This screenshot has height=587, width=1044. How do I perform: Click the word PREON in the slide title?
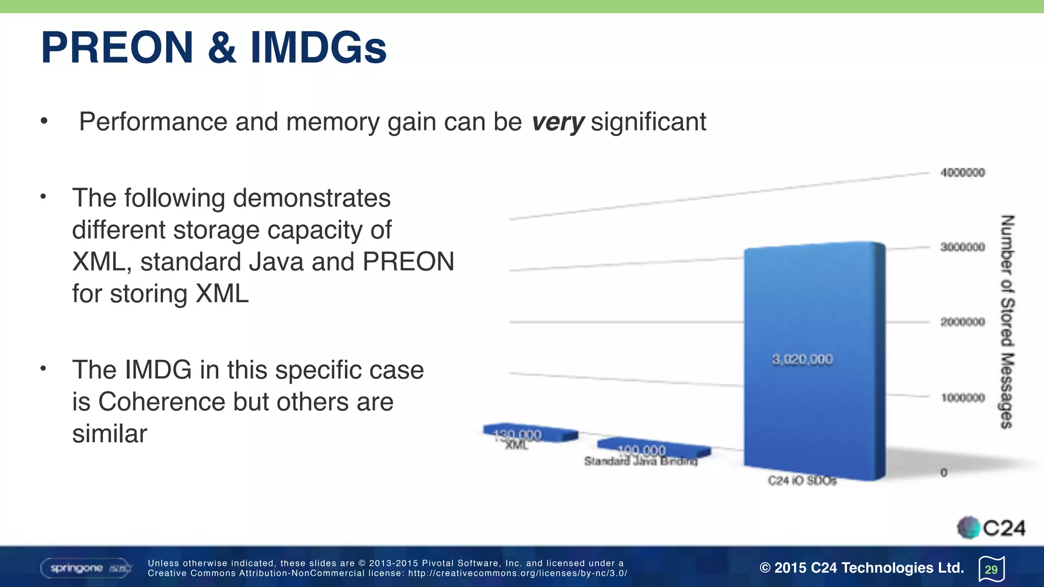117,48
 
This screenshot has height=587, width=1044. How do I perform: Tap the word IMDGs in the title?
318,48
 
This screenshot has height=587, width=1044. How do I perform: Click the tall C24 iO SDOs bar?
814,306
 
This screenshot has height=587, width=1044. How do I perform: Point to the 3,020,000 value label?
802,360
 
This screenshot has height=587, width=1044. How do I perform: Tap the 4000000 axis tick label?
962,173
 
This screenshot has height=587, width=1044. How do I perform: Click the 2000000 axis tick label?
962,322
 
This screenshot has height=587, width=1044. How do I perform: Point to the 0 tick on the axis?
944,473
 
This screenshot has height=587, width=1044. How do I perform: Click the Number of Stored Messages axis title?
1006,322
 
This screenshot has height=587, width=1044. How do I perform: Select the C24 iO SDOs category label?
802,481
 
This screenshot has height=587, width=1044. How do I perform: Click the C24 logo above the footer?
991,528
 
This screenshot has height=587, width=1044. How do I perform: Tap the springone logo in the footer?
86,568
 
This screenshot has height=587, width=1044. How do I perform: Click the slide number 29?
991,569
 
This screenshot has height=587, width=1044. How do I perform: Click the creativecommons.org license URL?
517,573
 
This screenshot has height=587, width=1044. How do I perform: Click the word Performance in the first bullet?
153,122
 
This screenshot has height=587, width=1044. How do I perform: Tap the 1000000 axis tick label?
962,397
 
